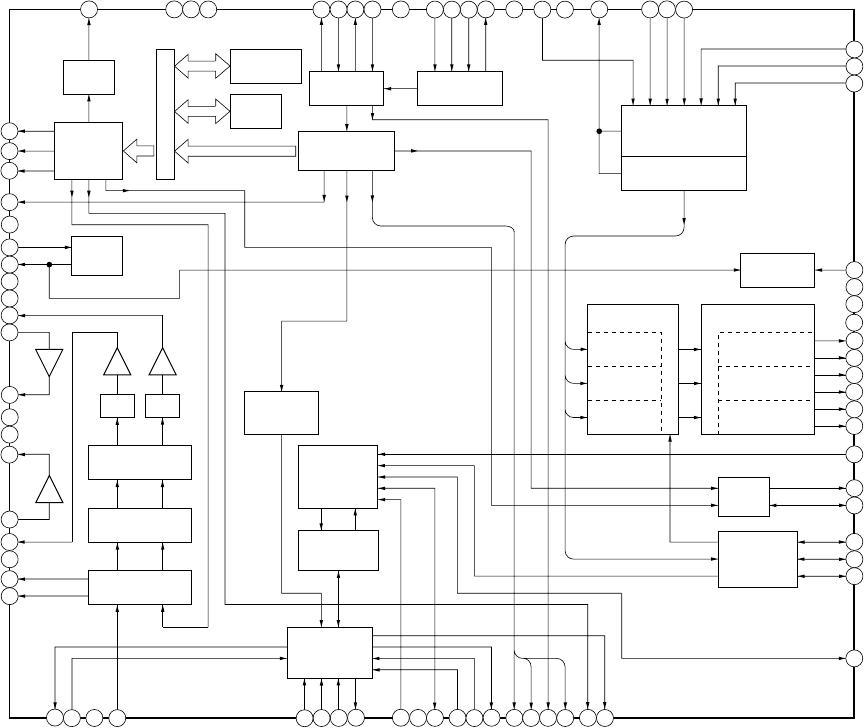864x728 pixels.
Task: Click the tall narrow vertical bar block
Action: [165, 114]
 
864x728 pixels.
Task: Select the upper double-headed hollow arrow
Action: [202, 66]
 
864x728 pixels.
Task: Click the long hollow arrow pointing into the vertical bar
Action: [236, 151]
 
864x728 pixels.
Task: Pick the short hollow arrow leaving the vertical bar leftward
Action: [139, 151]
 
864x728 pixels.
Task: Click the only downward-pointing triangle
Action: [48, 362]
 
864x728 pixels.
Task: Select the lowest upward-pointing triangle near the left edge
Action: [48, 490]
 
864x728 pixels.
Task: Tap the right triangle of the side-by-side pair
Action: [163, 362]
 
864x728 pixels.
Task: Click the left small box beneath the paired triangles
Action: [118, 406]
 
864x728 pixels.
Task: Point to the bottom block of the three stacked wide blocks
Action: [140, 587]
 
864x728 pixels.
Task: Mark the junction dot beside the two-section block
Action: [599, 131]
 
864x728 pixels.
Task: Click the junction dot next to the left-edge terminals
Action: [48, 264]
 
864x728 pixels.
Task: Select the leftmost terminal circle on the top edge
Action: [88, 9]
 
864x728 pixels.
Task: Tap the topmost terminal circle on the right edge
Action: [855, 50]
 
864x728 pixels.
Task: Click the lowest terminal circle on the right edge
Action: [855, 658]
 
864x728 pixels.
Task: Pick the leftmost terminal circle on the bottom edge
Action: [55, 717]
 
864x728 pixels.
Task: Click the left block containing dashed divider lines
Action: [632, 369]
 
